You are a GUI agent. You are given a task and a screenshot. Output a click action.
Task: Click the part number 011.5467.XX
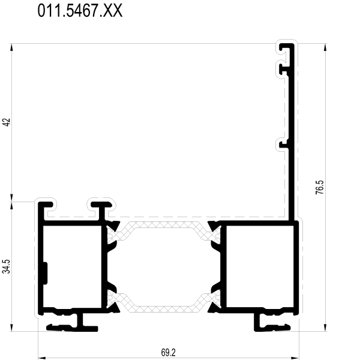coord(80,11)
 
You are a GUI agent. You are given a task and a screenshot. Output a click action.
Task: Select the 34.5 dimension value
coord(6,266)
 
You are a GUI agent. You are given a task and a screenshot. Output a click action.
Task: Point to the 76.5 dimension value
coord(320,187)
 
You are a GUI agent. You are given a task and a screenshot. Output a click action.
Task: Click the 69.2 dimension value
coord(168,352)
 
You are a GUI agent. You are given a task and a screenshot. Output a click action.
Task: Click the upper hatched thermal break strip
coord(164,231)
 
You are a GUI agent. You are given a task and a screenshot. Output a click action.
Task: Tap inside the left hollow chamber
coord(73,266)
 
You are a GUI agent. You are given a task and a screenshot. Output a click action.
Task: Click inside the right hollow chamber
coord(260,266)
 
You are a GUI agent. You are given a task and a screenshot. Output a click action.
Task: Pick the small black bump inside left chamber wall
coord(45,273)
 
